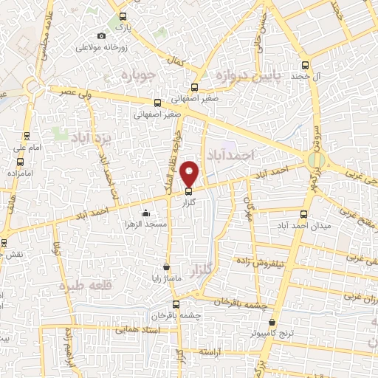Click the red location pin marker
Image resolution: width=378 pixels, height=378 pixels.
tap(190, 173)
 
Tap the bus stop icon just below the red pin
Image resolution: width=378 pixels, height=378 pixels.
tap(188, 193)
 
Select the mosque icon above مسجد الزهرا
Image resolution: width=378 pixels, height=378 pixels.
tap(145, 213)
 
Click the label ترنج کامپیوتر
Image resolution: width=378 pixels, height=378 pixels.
tap(272, 334)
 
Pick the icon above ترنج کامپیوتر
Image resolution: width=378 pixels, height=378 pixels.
tap(272, 323)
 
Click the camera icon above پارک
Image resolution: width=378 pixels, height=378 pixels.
tap(102, 36)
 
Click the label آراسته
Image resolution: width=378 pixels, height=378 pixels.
tap(209, 353)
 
